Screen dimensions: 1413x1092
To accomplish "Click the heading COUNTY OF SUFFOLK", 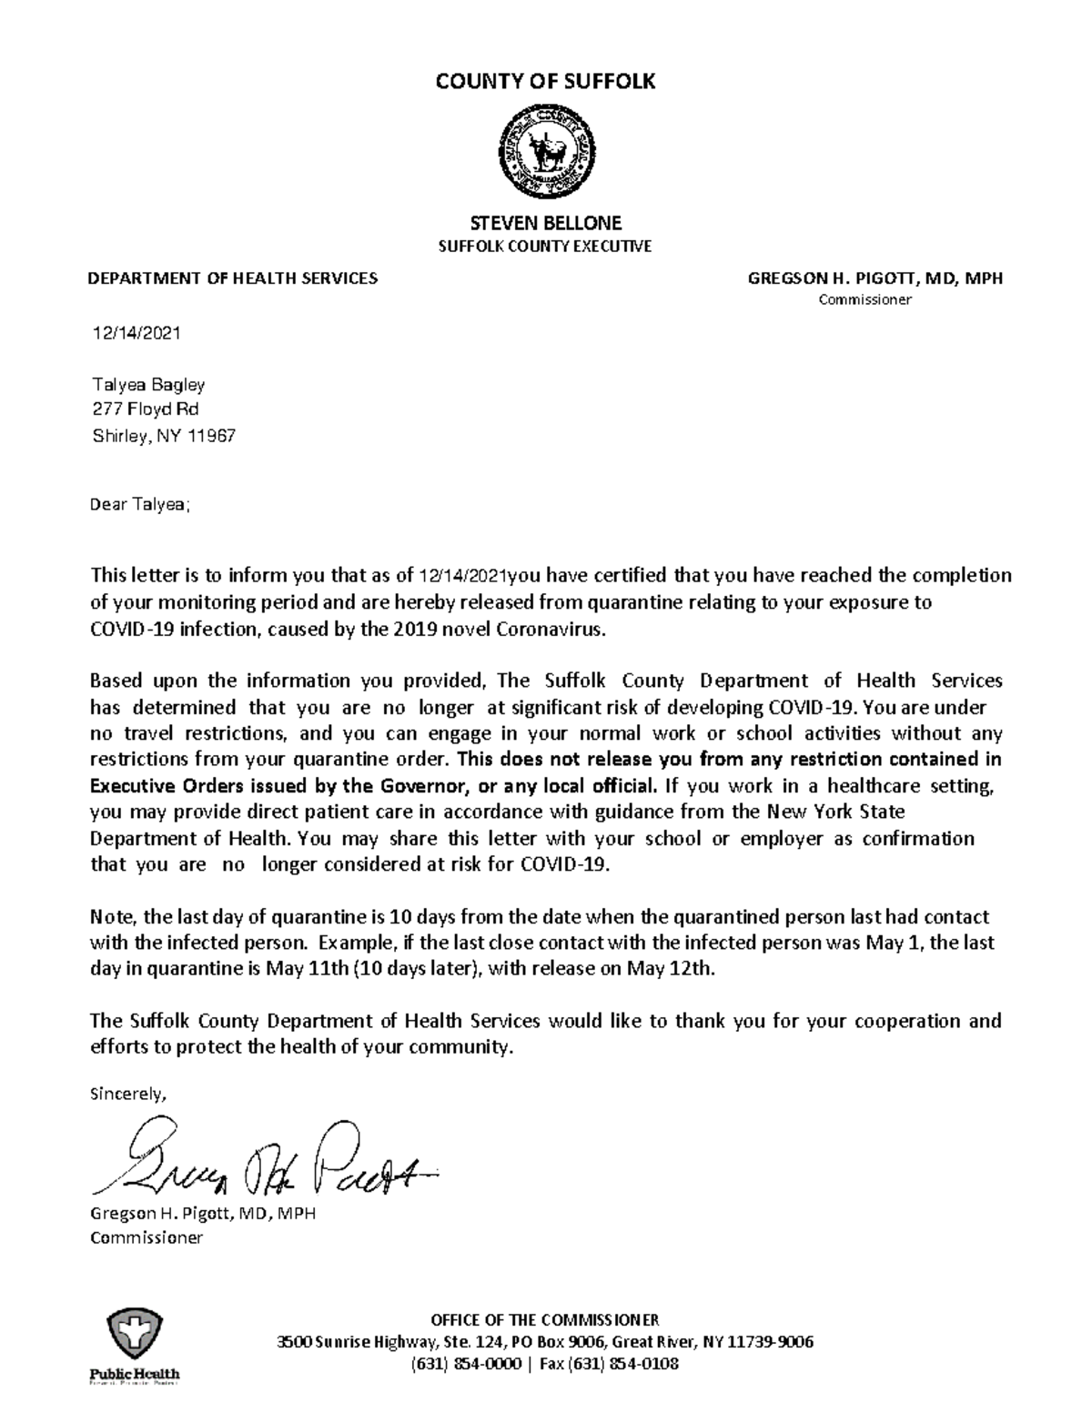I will [x=545, y=82].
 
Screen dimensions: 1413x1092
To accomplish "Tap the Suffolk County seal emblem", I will [x=546, y=151].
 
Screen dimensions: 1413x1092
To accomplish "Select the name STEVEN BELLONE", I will [x=545, y=223].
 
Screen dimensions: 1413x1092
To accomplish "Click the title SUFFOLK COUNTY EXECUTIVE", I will [x=545, y=247].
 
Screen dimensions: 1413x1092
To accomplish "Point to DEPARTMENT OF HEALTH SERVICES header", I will [x=232, y=278].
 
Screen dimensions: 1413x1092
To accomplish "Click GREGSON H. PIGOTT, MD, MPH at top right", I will [x=875, y=278].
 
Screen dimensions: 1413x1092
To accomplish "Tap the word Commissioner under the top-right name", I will [x=864, y=300].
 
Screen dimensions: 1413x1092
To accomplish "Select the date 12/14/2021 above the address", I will [x=136, y=333].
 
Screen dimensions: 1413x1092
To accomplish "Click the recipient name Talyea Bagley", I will [x=148, y=385].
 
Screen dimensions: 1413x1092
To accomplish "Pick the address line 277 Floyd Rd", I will [x=146, y=409].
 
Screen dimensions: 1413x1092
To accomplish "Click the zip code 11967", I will [x=211, y=437].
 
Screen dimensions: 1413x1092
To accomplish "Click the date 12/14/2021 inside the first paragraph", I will [x=462, y=576].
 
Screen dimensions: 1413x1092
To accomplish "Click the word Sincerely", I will [x=127, y=1095].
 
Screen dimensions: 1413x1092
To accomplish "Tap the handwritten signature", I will [x=264, y=1160].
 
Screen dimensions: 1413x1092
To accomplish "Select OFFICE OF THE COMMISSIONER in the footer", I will [x=545, y=1320].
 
